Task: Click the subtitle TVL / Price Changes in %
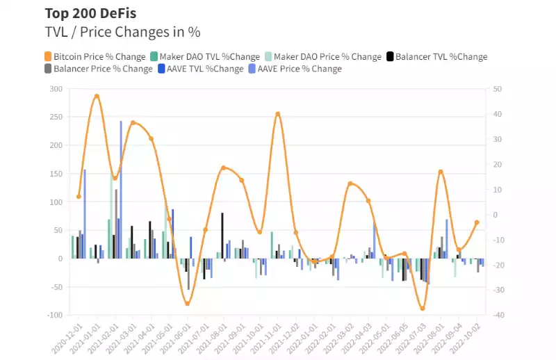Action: [122, 32]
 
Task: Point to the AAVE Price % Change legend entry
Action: [300, 69]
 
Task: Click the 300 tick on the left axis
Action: [56, 89]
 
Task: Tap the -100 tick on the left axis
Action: [54, 315]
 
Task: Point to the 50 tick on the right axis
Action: [496, 89]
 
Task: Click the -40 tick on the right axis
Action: [496, 315]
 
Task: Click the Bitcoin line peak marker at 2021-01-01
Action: [97, 97]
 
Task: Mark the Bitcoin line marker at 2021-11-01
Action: [278, 114]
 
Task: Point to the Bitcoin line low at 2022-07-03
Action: [422, 309]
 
